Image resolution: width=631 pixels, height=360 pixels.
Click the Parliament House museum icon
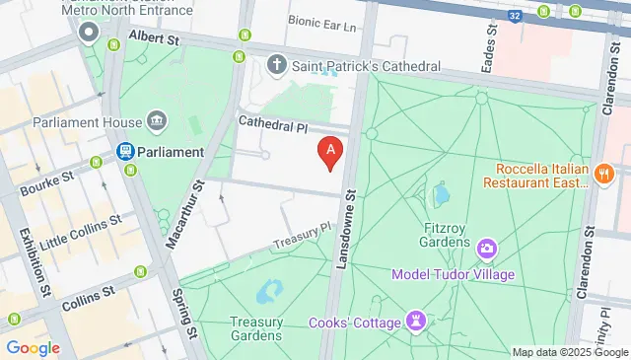coord(156,122)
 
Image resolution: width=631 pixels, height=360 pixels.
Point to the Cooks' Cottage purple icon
coord(417,322)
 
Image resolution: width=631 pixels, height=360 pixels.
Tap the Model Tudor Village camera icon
coord(486,249)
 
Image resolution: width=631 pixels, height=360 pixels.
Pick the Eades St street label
coord(486,54)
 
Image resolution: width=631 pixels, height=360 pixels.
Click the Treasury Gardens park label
coord(256,328)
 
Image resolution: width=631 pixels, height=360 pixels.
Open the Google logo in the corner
coord(33,347)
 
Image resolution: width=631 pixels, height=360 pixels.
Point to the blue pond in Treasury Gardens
coord(265,293)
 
